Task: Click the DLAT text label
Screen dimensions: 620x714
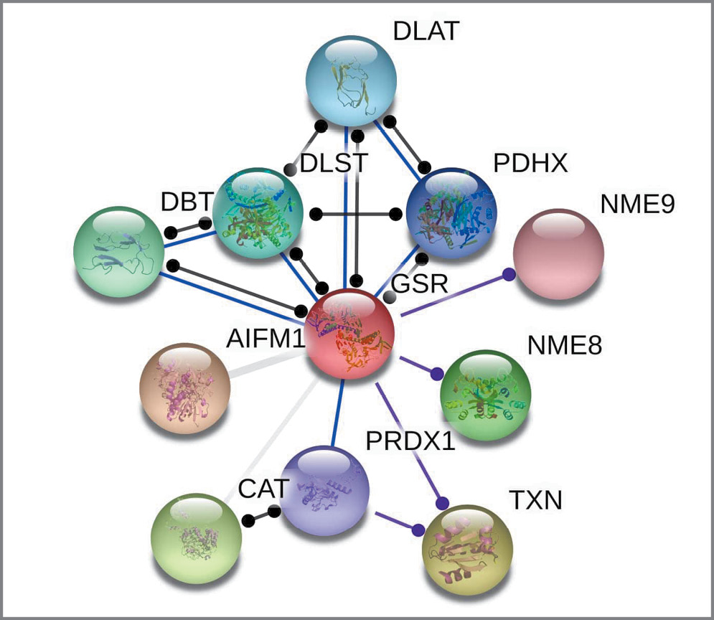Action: point(426,32)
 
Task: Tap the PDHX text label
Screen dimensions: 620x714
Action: point(530,164)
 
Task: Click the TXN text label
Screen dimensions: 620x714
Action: point(535,499)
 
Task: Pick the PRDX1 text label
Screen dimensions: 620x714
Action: point(410,441)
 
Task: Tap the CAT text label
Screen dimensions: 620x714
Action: point(263,490)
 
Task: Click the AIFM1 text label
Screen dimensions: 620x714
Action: point(264,337)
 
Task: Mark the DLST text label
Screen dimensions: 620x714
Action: point(334,164)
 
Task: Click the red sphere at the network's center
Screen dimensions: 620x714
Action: point(351,334)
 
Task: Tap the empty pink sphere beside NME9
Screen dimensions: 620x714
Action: point(558,253)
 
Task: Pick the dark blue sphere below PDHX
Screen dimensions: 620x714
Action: point(451,212)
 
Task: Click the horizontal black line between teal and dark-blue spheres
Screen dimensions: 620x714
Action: point(354,214)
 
